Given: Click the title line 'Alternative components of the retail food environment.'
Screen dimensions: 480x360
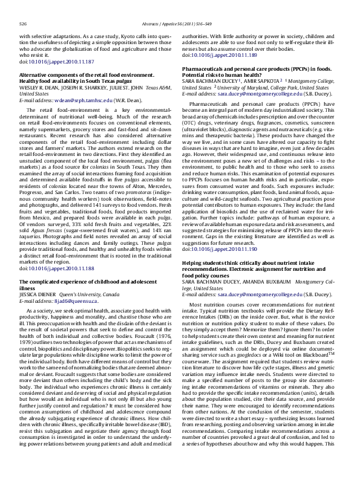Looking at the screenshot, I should tap(82, 75).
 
